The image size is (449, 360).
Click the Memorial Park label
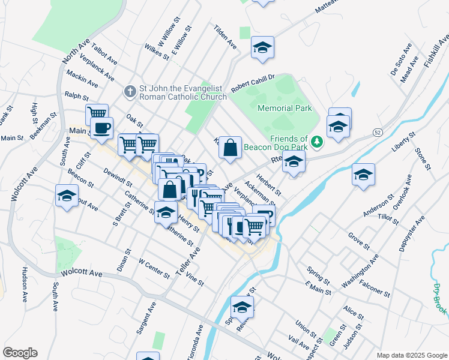(285, 109)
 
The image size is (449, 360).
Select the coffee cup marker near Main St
(102, 128)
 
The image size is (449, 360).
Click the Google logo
(20, 353)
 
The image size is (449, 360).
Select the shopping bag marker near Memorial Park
(230, 148)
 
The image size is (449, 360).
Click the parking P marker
(265, 215)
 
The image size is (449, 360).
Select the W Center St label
(154, 268)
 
